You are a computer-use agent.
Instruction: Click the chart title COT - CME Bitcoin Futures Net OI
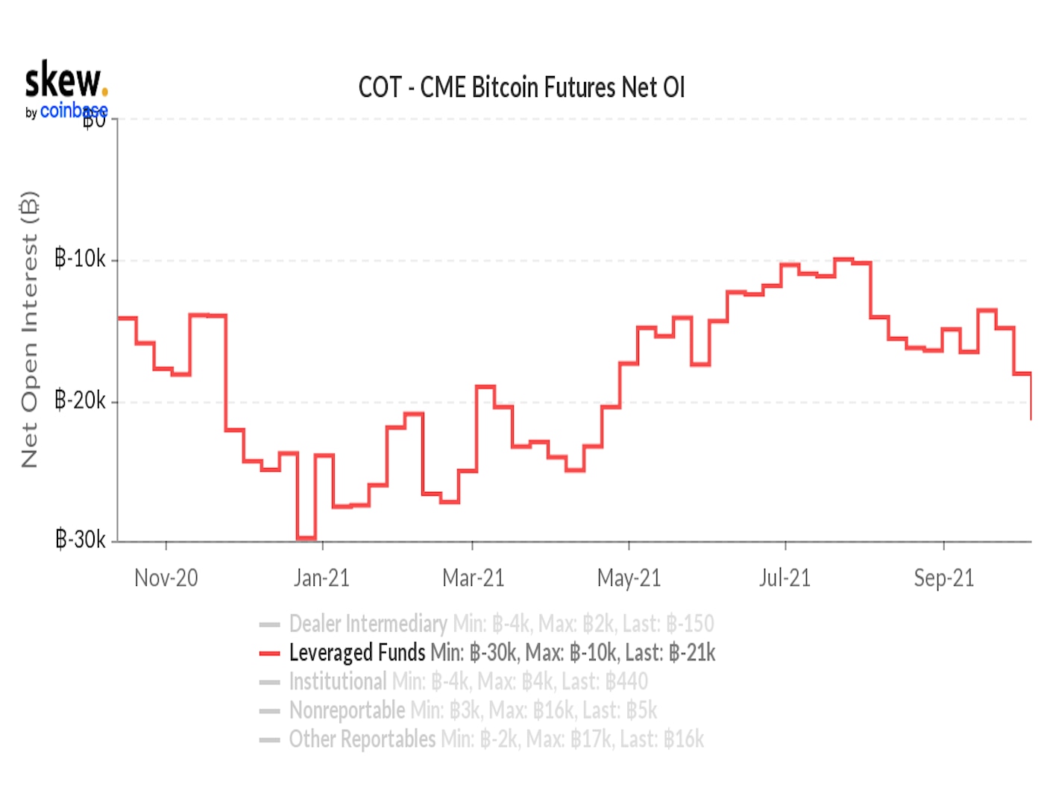click(521, 87)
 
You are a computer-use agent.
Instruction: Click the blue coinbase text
click(73, 111)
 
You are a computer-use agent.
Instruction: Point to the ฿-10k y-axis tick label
click(81, 259)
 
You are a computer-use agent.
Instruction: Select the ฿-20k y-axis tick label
click(81, 400)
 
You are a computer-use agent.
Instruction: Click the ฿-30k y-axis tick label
click(81, 539)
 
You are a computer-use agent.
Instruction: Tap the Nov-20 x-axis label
click(166, 578)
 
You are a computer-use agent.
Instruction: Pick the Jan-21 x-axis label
click(321, 578)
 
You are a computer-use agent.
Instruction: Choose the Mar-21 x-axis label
click(473, 578)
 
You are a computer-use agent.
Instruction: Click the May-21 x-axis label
click(629, 578)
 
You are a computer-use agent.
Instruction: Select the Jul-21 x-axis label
click(784, 578)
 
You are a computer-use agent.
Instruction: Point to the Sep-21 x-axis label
click(943, 578)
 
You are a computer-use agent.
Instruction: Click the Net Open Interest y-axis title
click(29, 329)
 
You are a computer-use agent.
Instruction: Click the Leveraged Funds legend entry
click(357, 653)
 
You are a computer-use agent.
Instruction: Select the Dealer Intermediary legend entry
click(368, 624)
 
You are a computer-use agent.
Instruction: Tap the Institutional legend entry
click(338, 681)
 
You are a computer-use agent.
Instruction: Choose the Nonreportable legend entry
click(348, 710)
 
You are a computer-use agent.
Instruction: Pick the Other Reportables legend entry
click(362, 739)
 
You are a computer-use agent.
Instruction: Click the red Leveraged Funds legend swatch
click(269, 654)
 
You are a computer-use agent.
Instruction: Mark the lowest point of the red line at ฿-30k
click(306, 538)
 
